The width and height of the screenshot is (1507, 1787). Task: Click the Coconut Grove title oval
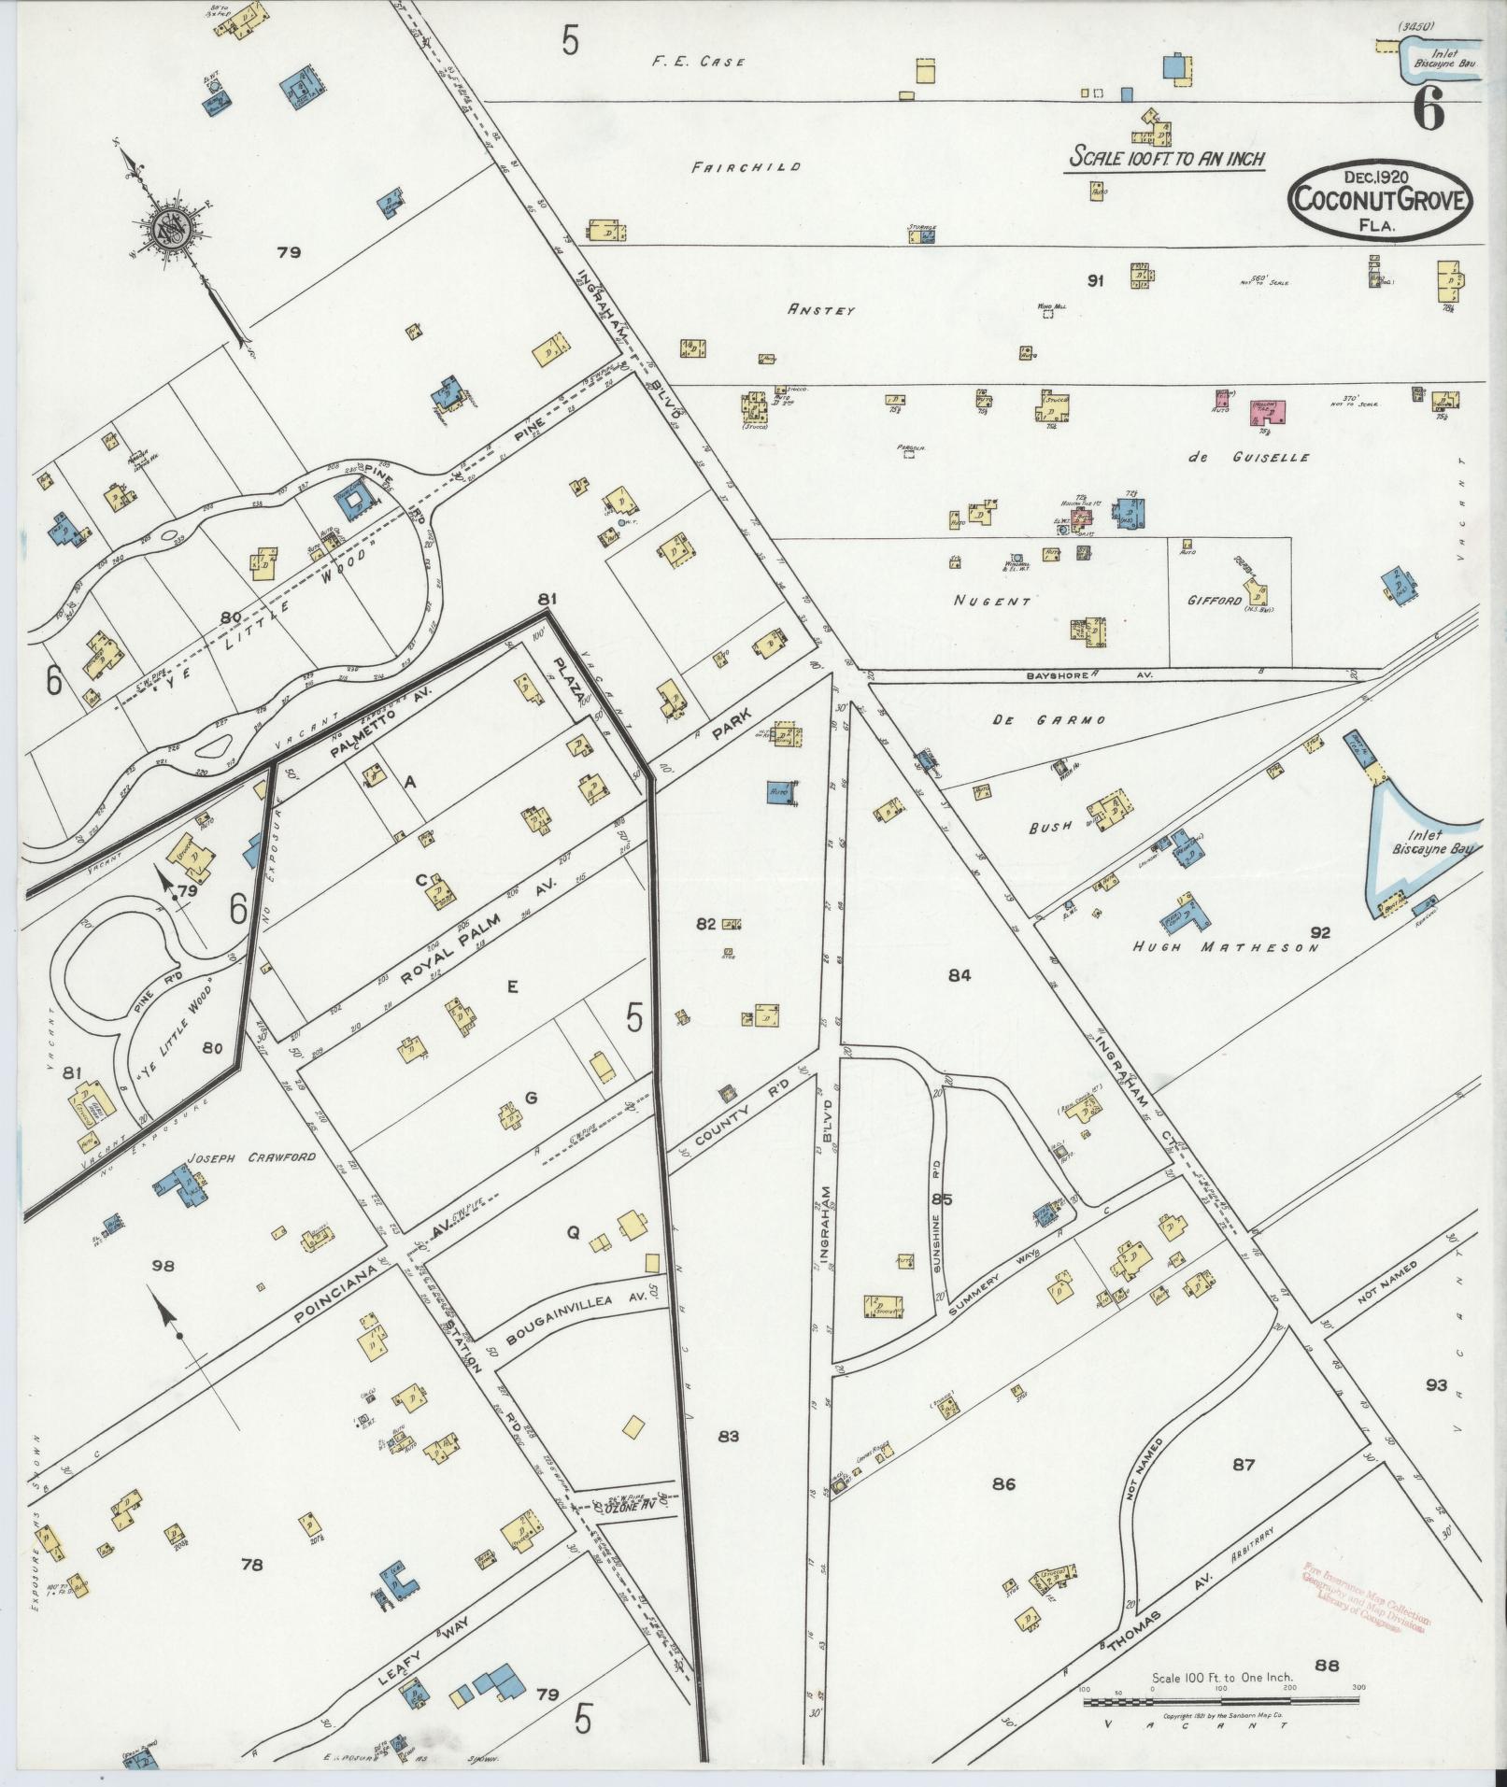point(1379,200)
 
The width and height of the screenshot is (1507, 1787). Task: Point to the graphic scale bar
point(1221,1701)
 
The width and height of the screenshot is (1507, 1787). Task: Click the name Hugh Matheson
point(1225,947)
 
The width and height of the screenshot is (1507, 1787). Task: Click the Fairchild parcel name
point(746,167)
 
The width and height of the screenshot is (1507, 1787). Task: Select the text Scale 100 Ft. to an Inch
point(1167,157)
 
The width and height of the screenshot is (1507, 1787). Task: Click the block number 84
point(960,975)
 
